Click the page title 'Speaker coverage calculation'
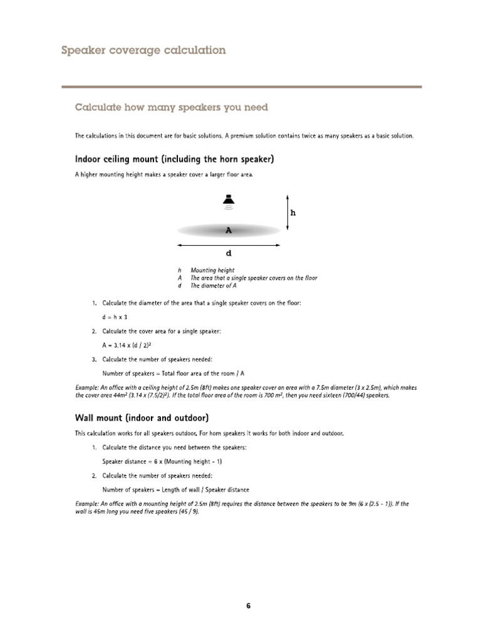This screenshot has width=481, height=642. click(x=143, y=50)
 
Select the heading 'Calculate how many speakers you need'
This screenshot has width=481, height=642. click(x=171, y=107)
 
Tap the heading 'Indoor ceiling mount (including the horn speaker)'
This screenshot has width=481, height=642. click(x=174, y=159)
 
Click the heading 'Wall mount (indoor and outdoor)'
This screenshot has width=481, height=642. click(x=142, y=418)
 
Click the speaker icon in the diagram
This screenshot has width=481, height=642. click(x=229, y=200)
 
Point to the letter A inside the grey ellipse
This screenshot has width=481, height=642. click(x=229, y=231)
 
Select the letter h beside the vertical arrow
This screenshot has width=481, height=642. click(x=292, y=213)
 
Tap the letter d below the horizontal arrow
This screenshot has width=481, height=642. click(x=229, y=253)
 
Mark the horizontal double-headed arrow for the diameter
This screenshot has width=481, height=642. click(x=229, y=245)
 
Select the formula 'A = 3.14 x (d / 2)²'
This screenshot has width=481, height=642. click(x=127, y=345)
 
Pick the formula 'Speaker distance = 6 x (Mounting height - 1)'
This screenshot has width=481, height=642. click(x=162, y=461)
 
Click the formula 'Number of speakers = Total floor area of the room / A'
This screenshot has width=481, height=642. click(x=173, y=373)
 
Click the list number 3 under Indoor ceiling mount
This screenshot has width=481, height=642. click(x=94, y=359)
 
